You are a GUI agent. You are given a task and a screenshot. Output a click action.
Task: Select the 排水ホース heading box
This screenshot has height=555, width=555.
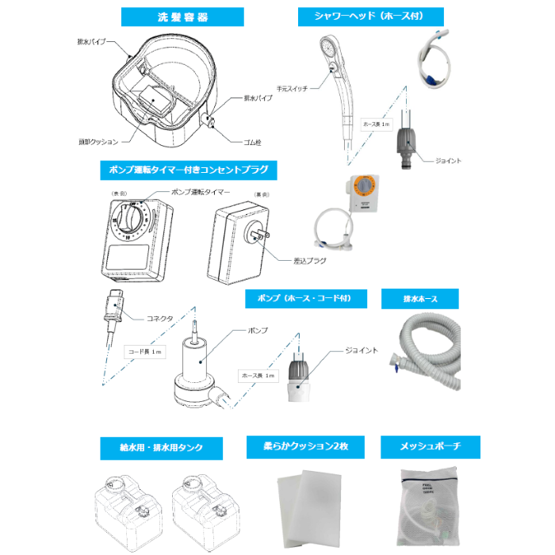point(420,298)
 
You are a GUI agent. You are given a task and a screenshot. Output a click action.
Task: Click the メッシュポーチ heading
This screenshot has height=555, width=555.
point(427,446)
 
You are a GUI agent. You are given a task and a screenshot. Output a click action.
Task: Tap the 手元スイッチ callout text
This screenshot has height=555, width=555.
point(293,88)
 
